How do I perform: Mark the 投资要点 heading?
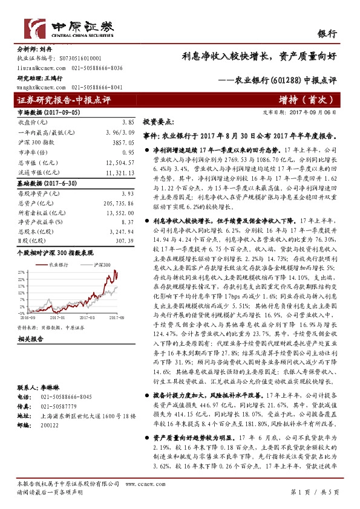coord(159,122)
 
